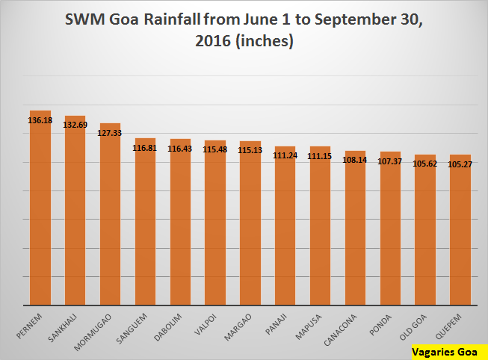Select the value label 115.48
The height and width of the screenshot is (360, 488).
[x=214, y=149]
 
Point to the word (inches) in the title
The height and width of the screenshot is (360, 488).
[x=262, y=42]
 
